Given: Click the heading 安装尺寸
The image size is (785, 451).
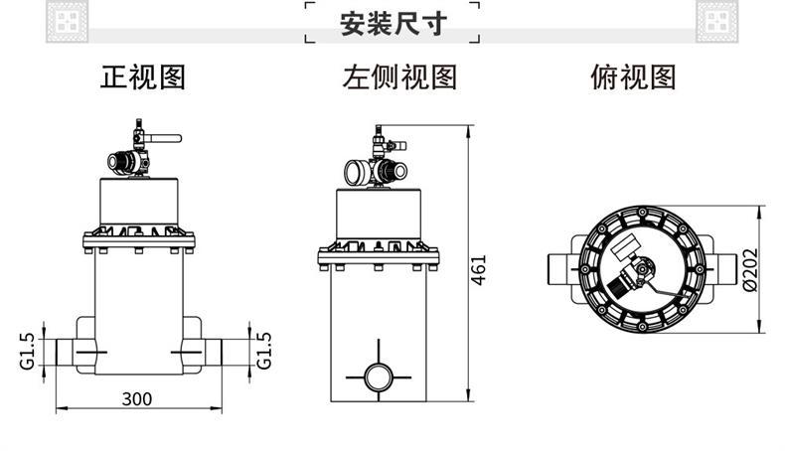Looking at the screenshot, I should (x=392, y=22).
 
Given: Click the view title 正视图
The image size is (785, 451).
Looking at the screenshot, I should (x=143, y=76).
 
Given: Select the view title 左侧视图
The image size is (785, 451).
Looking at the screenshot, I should (x=399, y=76).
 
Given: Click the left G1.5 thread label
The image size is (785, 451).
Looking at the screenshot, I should (x=27, y=350).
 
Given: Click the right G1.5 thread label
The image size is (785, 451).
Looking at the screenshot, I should (x=265, y=350).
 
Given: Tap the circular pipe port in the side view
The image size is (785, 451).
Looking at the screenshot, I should (x=378, y=376).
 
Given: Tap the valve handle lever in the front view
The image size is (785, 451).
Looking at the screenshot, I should (x=168, y=139).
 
